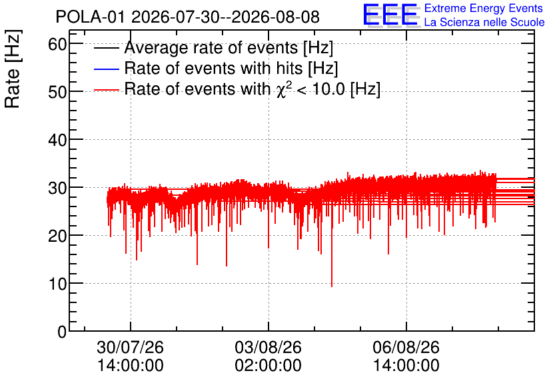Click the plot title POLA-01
tap(90, 17)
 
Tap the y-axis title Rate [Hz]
tap(13, 69)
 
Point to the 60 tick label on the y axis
tap(57, 45)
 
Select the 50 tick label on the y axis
tap(57, 93)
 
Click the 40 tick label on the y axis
tap(57, 141)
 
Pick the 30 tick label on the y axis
tap(57, 189)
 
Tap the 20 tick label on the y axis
tap(57, 236)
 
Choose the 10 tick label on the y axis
tap(57, 284)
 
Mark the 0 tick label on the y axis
tap(62, 332)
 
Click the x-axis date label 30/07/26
tap(131, 347)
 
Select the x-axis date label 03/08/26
tap(269, 347)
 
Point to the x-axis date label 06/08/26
tap(406, 347)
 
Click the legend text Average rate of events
tap(211, 47)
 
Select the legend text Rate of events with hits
tap(213, 68)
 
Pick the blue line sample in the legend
tap(106, 69)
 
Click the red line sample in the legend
tap(106, 90)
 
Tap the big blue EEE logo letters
tap(390, 15)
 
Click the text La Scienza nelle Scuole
tap(484, 22)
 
